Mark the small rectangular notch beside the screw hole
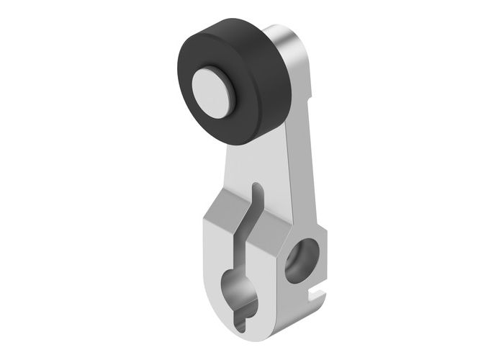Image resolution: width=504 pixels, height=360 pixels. pyautogui.click(x=315, y=292)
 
